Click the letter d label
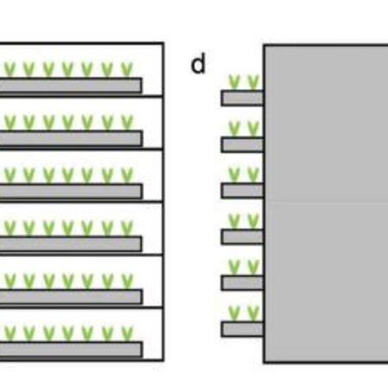[x=199, y=64]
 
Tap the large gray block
[x=325, y=203]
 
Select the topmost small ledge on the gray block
[x=242, y=98]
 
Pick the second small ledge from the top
[x=242, y=145]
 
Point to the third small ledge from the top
[x=242, y=190]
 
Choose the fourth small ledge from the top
[x=242, y=237]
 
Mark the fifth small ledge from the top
[x=242, y=282]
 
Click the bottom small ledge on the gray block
[x=242, y=329]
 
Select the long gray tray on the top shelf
[x=71, y=85]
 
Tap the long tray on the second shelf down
[x=71, y=138]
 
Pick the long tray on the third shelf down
[x=71, y=191]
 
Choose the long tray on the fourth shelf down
[x=71, y=243]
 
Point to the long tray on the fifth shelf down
[x=71, y=297]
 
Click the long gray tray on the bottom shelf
[x=71, y=349]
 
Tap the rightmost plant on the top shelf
[x=127, y=69]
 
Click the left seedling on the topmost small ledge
[x=234, y=82]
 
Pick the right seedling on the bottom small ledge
[x=253, y=312]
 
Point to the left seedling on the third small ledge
[x=234, y=174]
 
